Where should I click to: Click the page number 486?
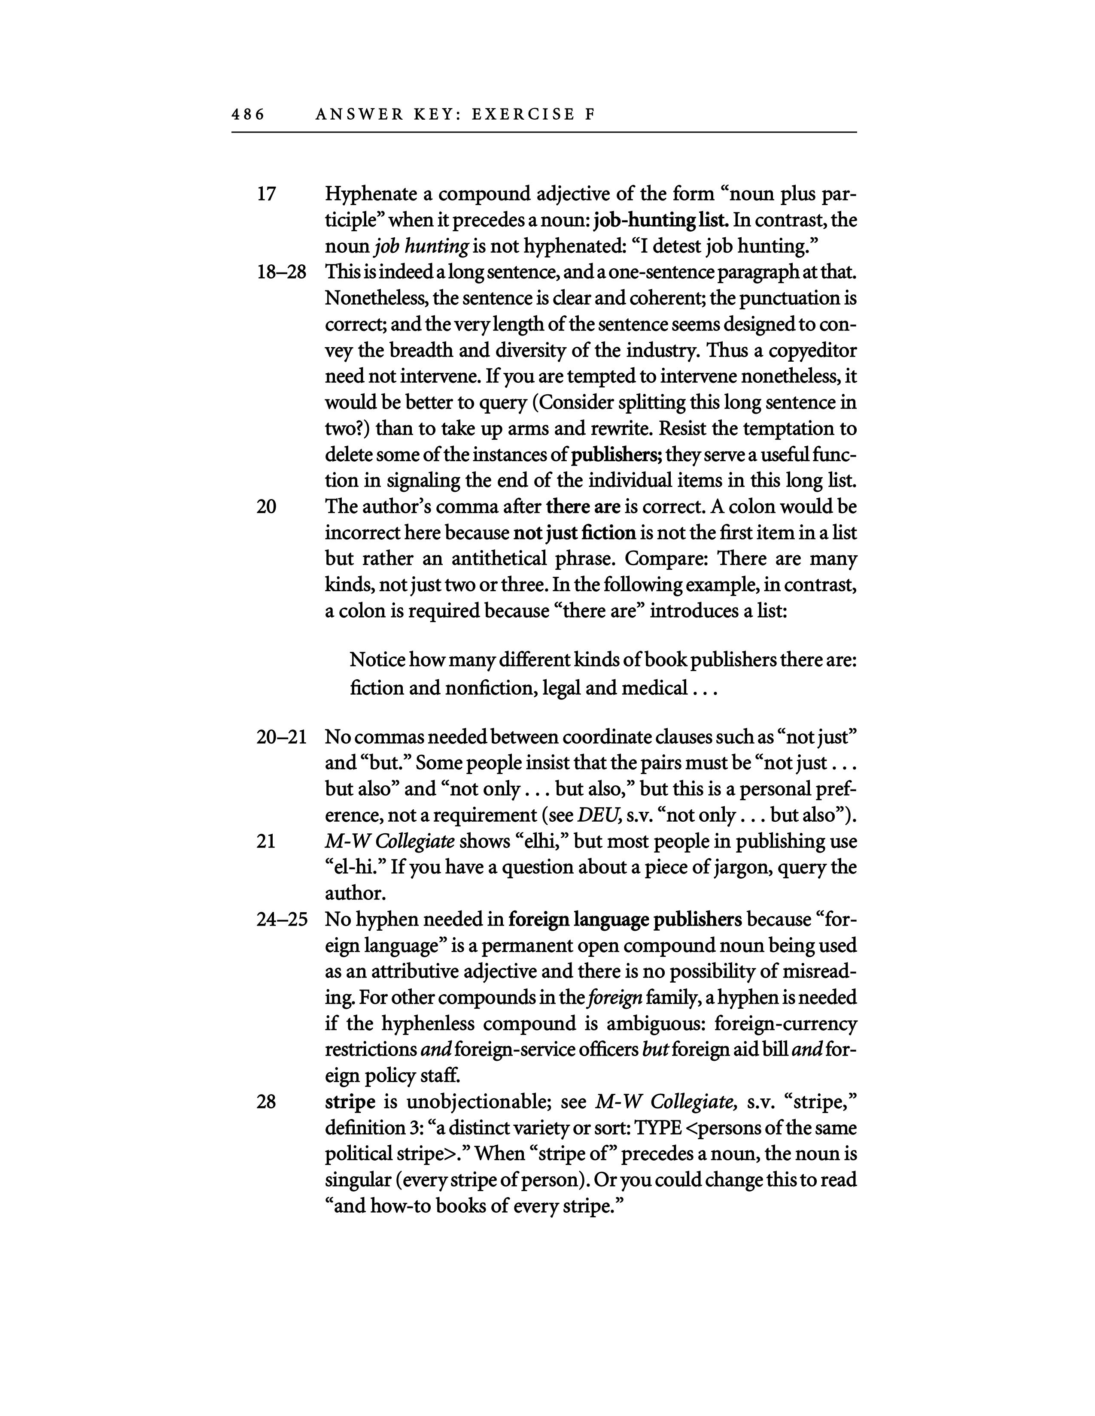pyautogui.click(x=248, y=115)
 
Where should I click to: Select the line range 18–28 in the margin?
pyautogui.click(x=281, y=272)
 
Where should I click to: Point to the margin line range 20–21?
pyautogui.click(x=281, y=737)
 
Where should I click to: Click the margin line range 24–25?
pyautogui.click(x=281, y=920)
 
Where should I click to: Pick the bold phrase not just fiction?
pyautogui.click(x=574, y=533)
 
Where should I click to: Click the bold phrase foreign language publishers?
pyautogui.click(x=625, y=920)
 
